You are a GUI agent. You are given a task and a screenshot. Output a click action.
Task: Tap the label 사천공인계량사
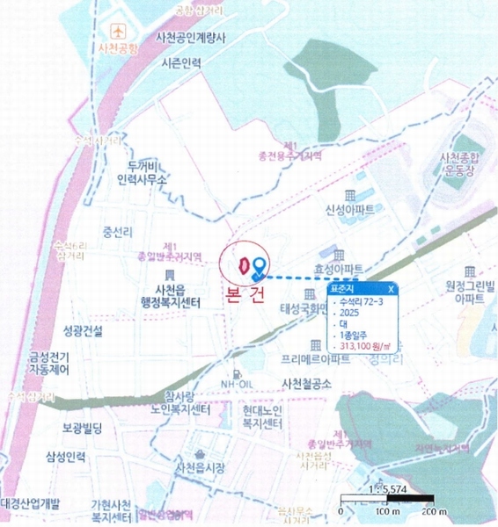click(191, 38)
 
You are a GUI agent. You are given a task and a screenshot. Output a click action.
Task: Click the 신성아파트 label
click(350, 210)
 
